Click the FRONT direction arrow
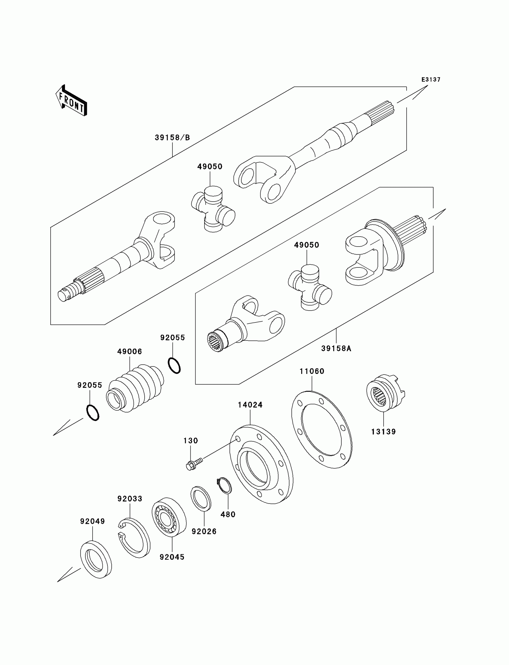(x=72, y=101)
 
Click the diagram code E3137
(x=431, y=80)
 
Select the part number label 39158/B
(x=172, y=138)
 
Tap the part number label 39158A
(x=336, y=349)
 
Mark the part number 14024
(x=250, y=405)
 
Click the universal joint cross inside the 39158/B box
(x=213, y=209)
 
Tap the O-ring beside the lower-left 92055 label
(x=93, y=413)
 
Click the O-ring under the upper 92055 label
(x=174, y=366)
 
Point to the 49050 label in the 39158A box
(x=307, y=245)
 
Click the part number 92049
(x=93, y=521)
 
